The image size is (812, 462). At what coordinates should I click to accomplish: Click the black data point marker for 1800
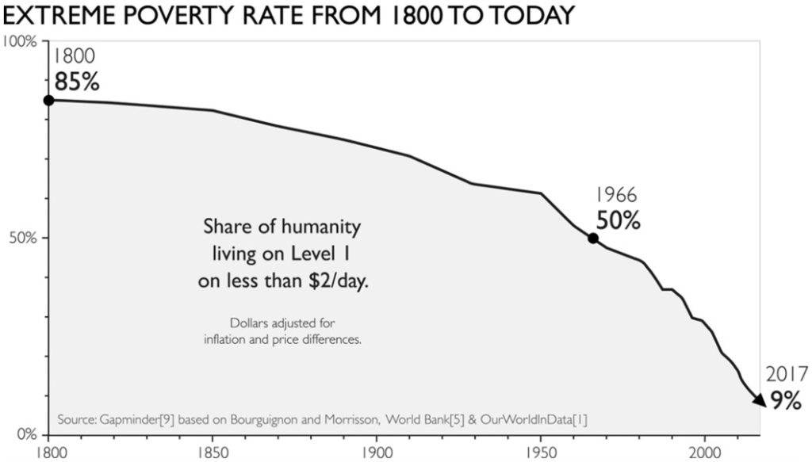pos(48,100)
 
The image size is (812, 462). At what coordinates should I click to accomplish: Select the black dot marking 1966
pos(593,239)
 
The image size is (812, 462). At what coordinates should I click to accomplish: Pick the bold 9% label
pos(786,400)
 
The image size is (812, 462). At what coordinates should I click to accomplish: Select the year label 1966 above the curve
pos(616,194)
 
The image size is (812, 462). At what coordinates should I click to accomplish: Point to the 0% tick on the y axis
pos(26,434)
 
